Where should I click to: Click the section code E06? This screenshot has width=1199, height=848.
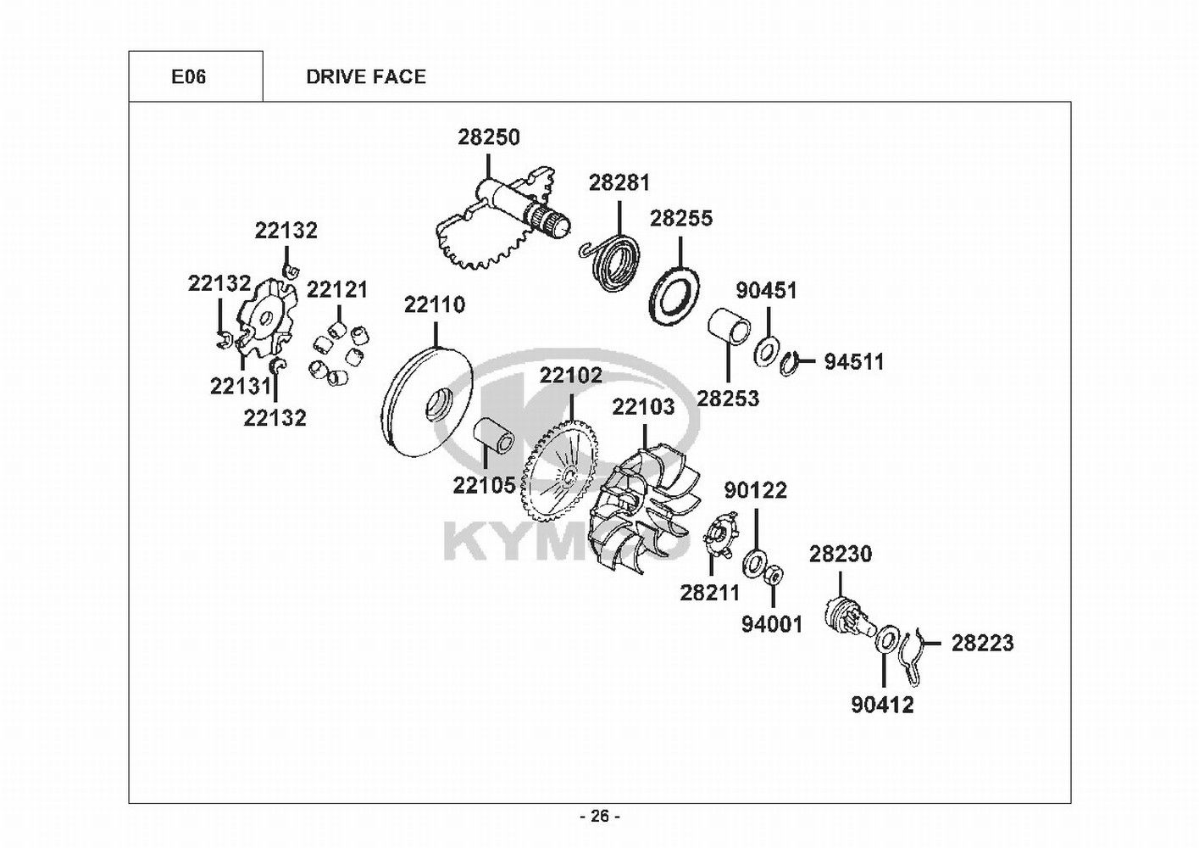click(x=188, y=77)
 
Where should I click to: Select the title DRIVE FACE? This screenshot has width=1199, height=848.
click(x=366, y=77)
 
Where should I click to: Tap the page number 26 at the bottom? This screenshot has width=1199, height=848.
click(x=599, y=817)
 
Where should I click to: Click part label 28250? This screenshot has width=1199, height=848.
click(x=489, y=137)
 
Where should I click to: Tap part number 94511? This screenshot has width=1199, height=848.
click(x=854, y=362)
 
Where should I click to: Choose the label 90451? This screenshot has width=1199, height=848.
click(x=766, y=291)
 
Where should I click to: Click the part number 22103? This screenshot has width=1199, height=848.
click(x=643, y=407)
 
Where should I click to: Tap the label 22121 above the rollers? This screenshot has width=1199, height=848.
click(x=337, y=290)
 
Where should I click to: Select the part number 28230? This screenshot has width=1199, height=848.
click(x=840, y=555)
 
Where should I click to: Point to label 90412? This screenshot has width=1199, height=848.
click(x=882, y=705)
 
